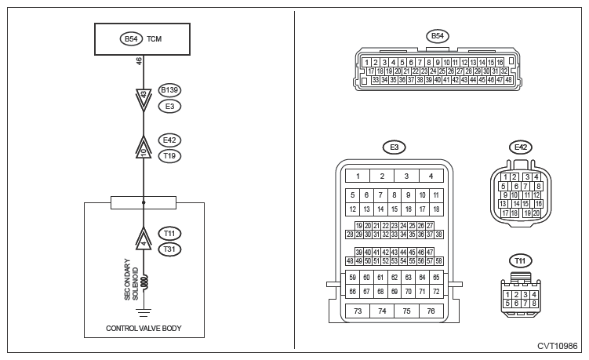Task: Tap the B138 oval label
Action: coord(170,89)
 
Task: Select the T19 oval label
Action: coord(170,156)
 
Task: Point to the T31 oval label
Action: coord(170,249)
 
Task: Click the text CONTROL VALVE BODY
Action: coord(144,329)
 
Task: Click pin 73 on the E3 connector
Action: coord(358,311)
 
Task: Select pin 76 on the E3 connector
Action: coord(431,311)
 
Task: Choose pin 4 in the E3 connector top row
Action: coord(431,176)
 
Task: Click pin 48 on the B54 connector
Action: coord(508,79)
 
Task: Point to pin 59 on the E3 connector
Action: coord(352,278)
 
